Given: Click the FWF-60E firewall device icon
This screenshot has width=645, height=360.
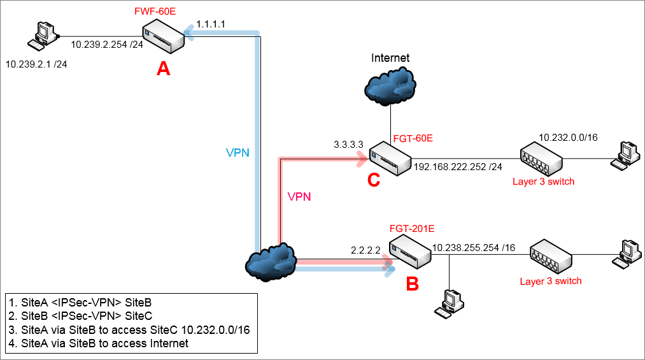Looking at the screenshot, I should click(164, 39).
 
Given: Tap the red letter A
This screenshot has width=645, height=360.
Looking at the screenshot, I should click(164, 69).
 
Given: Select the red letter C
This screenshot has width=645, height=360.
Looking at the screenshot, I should click(374, 180).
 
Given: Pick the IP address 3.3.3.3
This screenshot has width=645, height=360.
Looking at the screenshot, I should click(348, 145).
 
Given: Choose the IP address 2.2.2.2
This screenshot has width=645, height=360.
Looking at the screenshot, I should click(365, 250).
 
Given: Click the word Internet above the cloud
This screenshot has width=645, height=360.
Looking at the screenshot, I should click(390, 58).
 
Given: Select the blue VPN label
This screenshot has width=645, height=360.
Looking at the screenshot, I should click(237, 154).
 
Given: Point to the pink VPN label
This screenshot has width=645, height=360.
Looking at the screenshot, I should click(299, 197).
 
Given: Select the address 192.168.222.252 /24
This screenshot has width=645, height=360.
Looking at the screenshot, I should click(458, 168).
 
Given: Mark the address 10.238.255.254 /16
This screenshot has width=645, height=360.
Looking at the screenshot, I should click(474, 247).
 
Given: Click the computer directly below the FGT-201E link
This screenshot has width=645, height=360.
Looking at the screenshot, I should click(450, 302).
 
